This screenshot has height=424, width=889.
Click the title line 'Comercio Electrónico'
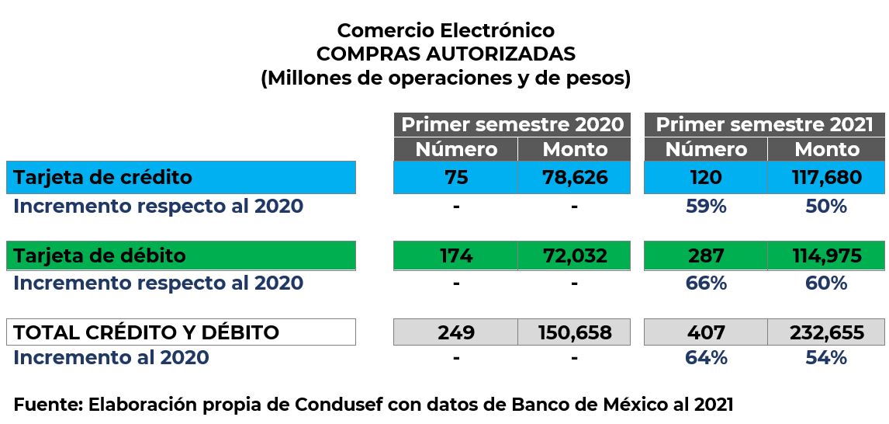(445, 30)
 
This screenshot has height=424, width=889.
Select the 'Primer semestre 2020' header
(512, 125)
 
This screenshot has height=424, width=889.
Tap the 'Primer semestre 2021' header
(764, 125)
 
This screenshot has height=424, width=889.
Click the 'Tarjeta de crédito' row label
(103, 177)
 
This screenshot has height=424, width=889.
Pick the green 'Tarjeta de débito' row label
(100, 255)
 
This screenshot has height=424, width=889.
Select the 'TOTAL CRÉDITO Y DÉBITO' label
(147, 332)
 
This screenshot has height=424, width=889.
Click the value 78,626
(574, 177)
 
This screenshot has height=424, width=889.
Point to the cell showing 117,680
(827, 177)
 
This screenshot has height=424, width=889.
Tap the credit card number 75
(456, 177)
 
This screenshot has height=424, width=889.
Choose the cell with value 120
(705, 177)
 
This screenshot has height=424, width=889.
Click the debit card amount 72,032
(574, 255)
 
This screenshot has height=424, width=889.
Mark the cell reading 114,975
(827, 255)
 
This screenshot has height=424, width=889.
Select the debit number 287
(705, 255)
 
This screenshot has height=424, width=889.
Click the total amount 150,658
(574, 332)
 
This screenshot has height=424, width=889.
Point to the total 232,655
(827, 332)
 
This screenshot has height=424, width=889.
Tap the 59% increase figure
(706, 207)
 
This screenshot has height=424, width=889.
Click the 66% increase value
(706, 283)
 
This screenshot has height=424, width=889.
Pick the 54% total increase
(827, 358)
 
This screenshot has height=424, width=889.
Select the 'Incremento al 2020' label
(111, 358)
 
